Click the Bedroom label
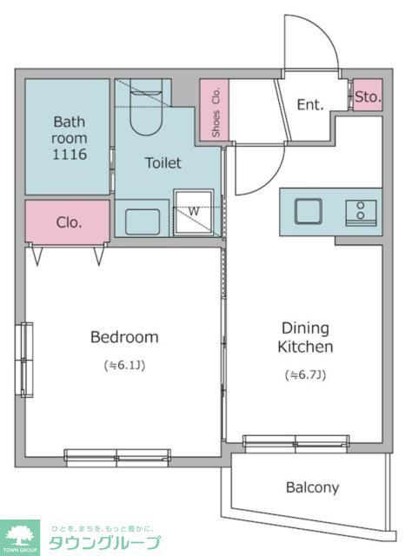(x=124, y=337)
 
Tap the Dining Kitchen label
(x=305, y=338)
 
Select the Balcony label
(x=312, y=487)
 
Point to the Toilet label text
(x=163, y=162)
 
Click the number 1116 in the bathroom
(x=70, y=155)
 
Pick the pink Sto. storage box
(x=368, y=95)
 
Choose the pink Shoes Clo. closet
(x=215, y=109)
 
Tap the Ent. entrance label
(x=310, y=104)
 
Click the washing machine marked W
(x=194, y=212)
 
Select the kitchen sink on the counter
(x=309, y=211)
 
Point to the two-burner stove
(x=361, y=213)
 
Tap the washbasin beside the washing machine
(x=143, y=222)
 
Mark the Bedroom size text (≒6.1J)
(x=124, y=365)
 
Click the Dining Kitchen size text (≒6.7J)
(x=305, y=374)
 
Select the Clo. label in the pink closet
(x=69, y=222)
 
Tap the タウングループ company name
(x=104, y=543)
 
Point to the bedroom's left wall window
(x=27, y=360)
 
